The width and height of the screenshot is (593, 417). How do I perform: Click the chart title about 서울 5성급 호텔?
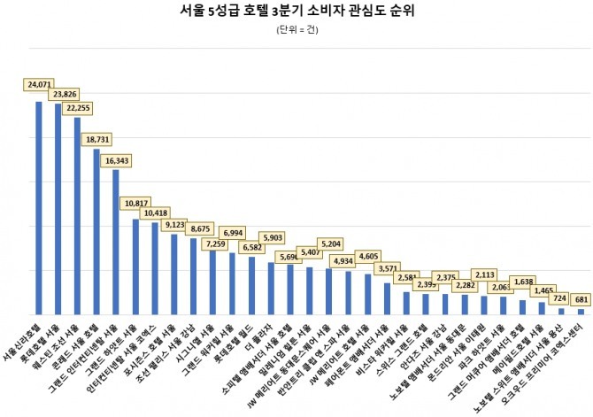(x=296, y=12)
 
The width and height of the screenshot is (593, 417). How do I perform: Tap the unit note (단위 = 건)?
(x=296, y=29)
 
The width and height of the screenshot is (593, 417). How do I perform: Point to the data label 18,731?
(x=97, y=139)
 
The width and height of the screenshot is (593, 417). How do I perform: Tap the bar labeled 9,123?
(x=174, y=274)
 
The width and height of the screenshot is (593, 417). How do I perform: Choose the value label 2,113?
(x=489, y=274)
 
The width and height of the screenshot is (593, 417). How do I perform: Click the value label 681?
(x=581, y=300)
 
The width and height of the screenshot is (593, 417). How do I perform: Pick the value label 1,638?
(x=528, y=280)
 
